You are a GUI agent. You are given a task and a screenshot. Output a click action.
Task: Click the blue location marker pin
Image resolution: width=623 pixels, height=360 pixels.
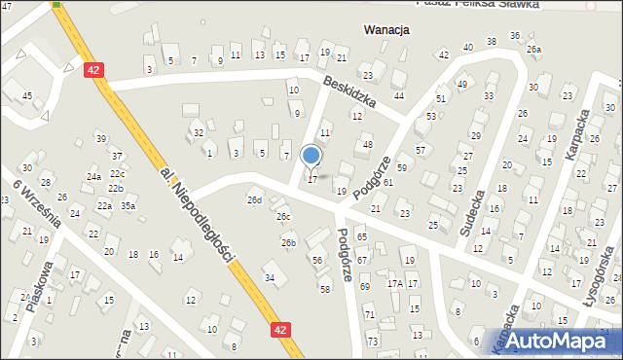pyautogui.click(x=311, y=156)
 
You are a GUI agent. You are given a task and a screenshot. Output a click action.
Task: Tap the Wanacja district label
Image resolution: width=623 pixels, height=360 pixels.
pyautogui.click(x=385, y=30)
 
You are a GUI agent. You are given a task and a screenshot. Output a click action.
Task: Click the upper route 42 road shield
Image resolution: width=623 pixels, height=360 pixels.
pyautogui.click(x=93, y=70)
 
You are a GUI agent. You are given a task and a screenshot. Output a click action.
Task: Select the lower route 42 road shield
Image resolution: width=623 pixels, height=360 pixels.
pyautogui.click(x=280, y=330)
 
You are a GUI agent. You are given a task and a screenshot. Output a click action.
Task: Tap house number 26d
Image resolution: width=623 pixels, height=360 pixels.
pyautogui.click(x=254, y=200)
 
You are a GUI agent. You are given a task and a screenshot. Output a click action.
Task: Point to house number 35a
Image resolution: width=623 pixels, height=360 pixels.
pyautogui.click(x=128, y=205)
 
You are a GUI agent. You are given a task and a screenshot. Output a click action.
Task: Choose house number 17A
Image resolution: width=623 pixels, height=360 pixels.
pyautogui.click(x=394, y=283)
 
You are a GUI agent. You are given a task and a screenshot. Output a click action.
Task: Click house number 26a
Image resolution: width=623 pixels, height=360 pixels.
pyautogui.click(x=532, y=49)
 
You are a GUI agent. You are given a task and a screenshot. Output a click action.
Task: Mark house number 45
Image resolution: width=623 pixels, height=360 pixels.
pyautogui.click(x=27, y=95)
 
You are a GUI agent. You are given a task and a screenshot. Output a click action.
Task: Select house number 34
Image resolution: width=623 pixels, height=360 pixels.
pyautogui.click(x=270, y=278)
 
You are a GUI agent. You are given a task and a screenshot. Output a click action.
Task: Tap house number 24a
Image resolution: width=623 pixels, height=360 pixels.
pyautogui.click(x=93, y=177)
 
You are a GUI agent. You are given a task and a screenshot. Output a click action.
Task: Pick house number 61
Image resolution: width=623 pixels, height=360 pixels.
pyautogui.click(x=387, y=183)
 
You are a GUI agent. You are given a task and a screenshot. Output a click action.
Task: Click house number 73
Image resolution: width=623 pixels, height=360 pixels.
pyautogui.click(x=372, y=342)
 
